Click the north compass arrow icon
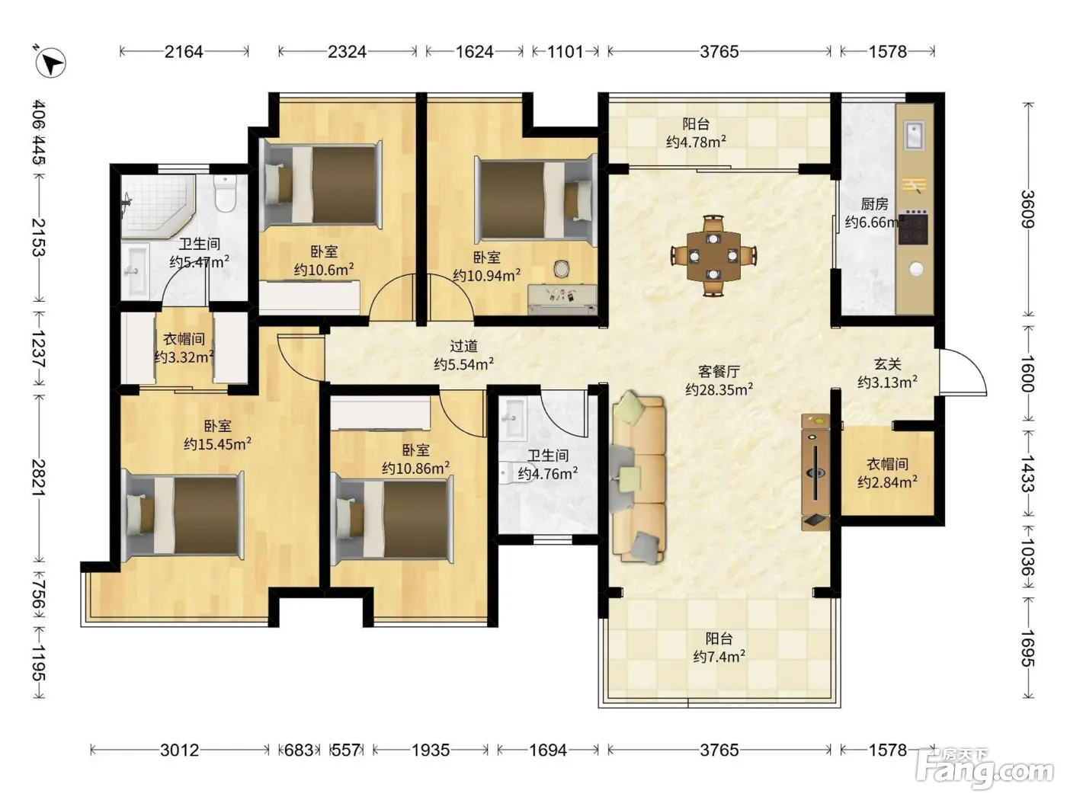tap(50, 62)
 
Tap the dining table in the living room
tap(713, 256)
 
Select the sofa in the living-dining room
tap(638, 478)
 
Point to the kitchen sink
tap(914, 135)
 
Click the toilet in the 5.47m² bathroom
tap(225, 194)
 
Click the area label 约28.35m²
tap(719, 389)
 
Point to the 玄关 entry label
tap(887, 364)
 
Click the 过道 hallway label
tap(463, 346)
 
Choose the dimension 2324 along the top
tap(347, 52)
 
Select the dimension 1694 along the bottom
tap(548, 750)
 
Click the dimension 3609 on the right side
tap(1027, 210)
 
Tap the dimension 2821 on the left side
tap(39, 478)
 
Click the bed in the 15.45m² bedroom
tap(183, 515)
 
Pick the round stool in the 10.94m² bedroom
tap(562, 269)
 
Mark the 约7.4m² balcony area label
tap(719, 657)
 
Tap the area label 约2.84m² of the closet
tap(887, 482)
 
